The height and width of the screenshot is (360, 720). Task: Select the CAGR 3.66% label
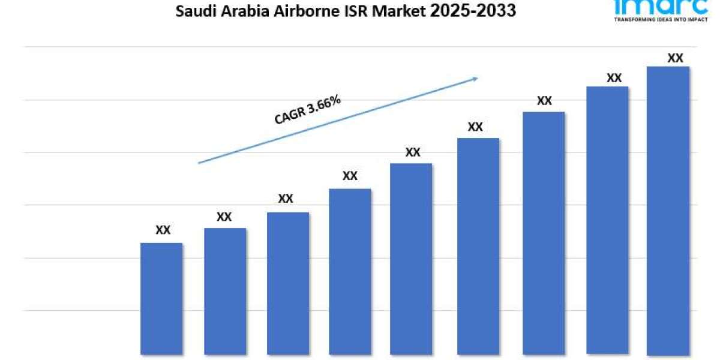[x=308, y=110]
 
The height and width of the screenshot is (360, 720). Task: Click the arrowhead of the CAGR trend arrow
[x=475, y=77]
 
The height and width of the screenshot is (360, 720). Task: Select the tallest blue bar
[x=668, y=210]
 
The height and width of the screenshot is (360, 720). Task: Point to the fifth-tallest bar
[x=411, y=259]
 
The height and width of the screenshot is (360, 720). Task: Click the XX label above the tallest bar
[x=676, y=58]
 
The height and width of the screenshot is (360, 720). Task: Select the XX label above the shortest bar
[x=163, y=230]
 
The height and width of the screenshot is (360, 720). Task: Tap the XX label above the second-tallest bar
[x=614, y=78]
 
